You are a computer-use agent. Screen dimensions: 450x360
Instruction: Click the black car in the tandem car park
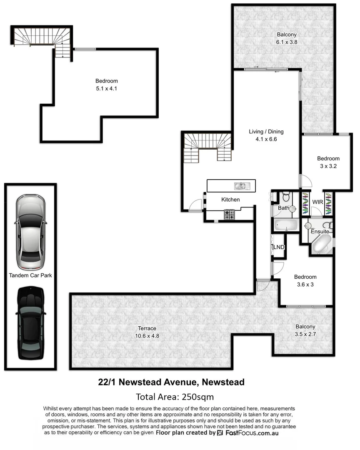pos(30,322)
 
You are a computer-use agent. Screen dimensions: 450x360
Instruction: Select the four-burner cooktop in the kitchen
pos(230,215)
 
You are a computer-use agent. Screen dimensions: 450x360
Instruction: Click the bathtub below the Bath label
pos(286,225)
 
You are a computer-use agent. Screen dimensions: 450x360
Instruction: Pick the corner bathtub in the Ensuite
pos(321,244)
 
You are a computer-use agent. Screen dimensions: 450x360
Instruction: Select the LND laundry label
pos(278,247)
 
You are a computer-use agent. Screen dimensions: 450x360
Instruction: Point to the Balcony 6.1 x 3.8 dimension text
pos(287,42)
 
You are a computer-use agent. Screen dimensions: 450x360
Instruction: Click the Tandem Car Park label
pos(30,275)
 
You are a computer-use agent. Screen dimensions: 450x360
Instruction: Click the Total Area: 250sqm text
pos(175,396)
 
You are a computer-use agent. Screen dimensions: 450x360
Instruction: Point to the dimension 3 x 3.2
pos(328,165)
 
